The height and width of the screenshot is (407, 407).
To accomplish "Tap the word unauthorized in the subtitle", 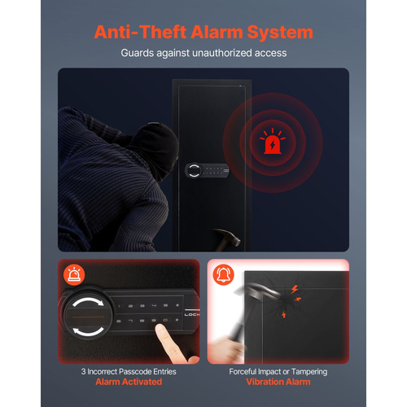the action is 221,53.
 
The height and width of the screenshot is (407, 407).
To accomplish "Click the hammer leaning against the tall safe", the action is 226,239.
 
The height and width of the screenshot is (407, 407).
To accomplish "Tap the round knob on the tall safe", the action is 194,170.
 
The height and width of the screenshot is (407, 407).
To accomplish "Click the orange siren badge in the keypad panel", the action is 74,274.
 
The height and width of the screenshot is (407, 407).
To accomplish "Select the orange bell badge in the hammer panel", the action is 224,274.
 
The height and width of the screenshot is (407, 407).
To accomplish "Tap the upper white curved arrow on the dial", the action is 88,302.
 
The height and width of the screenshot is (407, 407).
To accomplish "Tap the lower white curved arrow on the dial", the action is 88,331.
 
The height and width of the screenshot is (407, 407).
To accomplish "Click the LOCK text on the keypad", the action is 192,314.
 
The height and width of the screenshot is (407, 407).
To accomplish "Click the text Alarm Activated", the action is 129,382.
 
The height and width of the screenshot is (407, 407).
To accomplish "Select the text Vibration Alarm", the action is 278,382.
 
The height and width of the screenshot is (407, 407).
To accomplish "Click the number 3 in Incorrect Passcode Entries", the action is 83,371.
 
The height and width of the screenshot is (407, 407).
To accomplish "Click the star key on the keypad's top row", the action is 177,305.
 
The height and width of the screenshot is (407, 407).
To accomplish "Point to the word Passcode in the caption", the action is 135,371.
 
